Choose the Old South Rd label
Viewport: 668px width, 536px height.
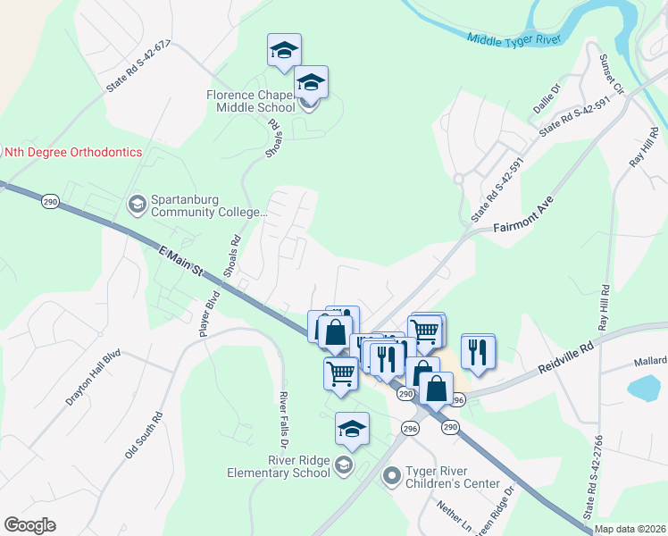tap(144, 435)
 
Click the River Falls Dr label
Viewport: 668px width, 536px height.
tap(284, 419)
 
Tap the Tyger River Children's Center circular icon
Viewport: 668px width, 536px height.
tap(390, 476)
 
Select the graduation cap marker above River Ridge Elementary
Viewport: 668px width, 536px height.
tap(352, 430)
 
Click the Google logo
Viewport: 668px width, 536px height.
tap(29, 525)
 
